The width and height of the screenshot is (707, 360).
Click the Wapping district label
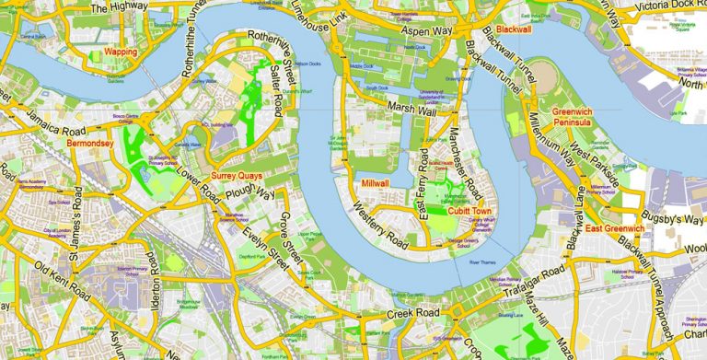[x=121, y=52]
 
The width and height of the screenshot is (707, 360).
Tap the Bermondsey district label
[x=89, y=144]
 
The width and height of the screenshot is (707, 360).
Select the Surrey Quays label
[x=236, y=175]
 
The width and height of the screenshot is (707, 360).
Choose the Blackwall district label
[x=512, y=29]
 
